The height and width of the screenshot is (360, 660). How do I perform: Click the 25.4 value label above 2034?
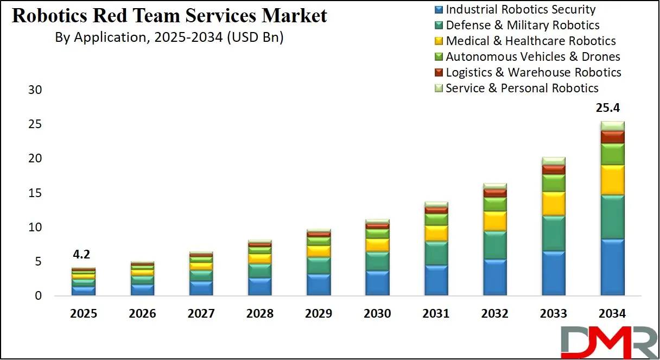click(611, 109)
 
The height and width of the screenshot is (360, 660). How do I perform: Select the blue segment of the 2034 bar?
click(612, 267)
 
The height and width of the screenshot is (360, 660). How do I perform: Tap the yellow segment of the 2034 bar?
click(612, 180)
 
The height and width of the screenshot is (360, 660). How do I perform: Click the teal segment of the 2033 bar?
click(553, 233)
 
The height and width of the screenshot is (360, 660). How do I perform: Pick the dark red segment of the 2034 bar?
click(612, 137)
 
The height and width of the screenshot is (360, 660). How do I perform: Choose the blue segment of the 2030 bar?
click(377, 283)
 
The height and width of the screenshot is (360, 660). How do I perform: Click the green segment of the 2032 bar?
click(494, 204)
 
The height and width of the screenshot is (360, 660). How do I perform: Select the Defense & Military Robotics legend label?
click(522, 25)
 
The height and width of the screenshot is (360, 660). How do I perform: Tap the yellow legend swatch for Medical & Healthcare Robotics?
click(439, 41)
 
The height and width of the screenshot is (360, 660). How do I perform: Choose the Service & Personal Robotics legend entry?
click(522, 88)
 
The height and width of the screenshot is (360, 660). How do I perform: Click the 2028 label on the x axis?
click(260, 314)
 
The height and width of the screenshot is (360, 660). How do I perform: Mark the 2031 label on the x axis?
click(436, 314)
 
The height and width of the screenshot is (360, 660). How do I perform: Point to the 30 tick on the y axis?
click(35, 90)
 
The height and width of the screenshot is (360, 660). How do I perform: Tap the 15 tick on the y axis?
click(35, 193)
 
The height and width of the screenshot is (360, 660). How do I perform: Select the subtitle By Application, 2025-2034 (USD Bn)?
click(169, 37)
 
